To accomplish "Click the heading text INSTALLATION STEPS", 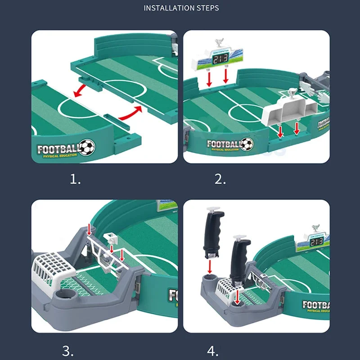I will (x=181, y=8).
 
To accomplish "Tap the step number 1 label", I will (x=75, y=180).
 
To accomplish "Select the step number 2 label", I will (x=220, y=180).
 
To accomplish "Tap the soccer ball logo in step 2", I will (x=246, y=144).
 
